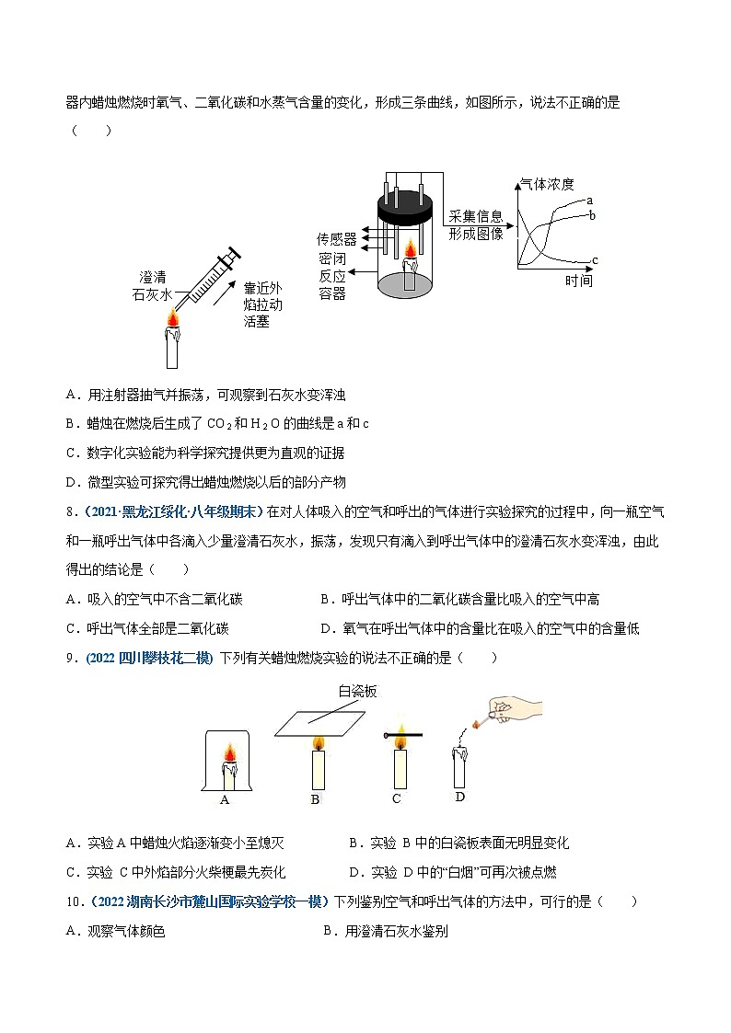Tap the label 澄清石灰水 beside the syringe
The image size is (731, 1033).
pos(153,285)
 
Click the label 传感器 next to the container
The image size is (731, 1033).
pos(336,238)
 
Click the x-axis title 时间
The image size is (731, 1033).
pos(578,280)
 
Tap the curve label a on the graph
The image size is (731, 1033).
pos(589,200)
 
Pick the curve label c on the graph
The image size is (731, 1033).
pos(595,260)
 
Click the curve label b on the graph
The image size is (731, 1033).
pos(591,214)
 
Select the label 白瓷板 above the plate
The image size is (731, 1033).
pos(357,691)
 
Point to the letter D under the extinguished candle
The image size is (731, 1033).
pos(459,797)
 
